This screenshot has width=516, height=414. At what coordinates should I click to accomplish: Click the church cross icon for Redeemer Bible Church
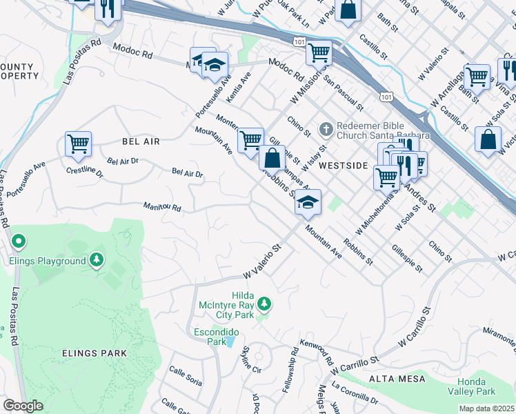pos(326,129)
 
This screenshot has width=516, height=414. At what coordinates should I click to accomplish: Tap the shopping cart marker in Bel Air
pos(78,144)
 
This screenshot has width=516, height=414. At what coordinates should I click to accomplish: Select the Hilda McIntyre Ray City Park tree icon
pos(263,303)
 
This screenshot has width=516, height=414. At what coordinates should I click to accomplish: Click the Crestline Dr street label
pos(84,172)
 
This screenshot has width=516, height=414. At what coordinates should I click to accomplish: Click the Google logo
pos(23,406)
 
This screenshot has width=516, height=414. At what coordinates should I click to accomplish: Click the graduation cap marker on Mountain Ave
pos(308,201)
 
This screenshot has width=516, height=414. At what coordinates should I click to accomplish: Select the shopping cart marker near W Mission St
pos(319,52)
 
